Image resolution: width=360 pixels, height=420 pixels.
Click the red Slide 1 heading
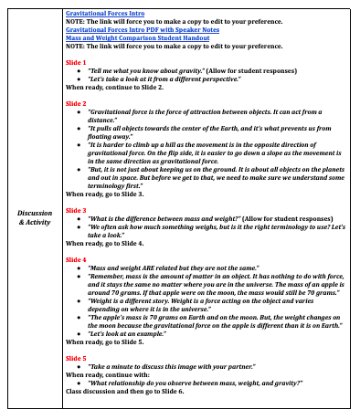click(x=77, y=62)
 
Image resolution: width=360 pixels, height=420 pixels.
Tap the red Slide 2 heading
click(x=77, y=104)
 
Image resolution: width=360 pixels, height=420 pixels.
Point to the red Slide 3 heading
click(x=77, y=210)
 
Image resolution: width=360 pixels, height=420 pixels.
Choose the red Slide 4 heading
click(x=77, y=259)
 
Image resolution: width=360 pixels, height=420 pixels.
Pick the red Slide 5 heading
click(x=77, y=357)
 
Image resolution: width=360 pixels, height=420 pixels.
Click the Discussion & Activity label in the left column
click(x=35, y=217)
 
